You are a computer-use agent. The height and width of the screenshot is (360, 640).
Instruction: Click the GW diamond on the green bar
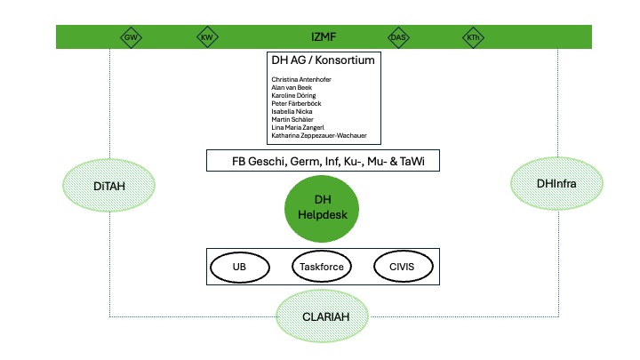(130, 37)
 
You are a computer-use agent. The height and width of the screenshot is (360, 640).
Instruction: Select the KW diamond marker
(207, 37)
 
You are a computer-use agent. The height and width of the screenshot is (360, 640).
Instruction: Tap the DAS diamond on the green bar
(397, 37)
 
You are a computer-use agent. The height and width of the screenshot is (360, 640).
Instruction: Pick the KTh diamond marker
(473, 37)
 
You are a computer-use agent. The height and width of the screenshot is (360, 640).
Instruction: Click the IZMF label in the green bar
(322, 37)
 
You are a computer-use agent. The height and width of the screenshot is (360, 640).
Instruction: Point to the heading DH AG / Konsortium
(322, 60)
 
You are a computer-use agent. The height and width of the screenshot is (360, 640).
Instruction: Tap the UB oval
(239, 267)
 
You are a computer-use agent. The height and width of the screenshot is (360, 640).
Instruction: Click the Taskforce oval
(321, 267)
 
